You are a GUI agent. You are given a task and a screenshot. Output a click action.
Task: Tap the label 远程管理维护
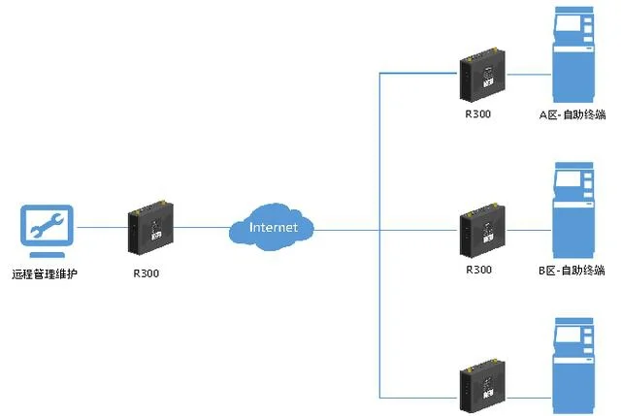coord(45,274)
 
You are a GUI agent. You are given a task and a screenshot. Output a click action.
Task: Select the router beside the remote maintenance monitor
coord(149,228)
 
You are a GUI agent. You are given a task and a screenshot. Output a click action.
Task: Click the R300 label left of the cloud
coord(146,273)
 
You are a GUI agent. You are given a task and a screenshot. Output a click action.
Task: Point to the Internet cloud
coord(273,228)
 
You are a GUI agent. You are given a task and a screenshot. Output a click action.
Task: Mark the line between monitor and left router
coord(100,228)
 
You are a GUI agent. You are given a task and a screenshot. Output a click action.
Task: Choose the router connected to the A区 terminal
coord(482,76)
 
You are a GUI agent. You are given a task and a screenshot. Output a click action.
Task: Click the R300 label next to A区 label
coord(478,114)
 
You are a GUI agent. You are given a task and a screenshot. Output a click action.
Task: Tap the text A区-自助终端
coord(573,114)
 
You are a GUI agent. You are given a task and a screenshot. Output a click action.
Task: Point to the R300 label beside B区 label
coord(479,269)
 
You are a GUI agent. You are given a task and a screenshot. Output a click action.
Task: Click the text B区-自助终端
coord(572,269)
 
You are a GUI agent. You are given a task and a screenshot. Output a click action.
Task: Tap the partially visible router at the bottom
coord(482,385)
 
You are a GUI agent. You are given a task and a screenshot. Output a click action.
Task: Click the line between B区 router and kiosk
coord(529,230)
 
